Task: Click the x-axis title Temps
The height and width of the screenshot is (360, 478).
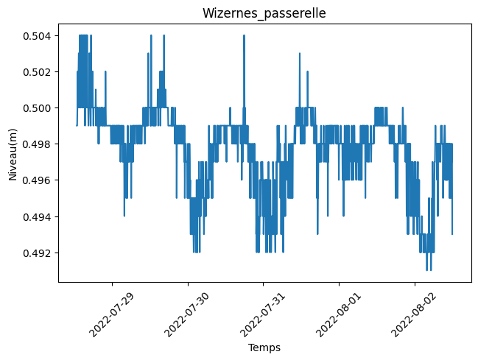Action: tap(263, 347)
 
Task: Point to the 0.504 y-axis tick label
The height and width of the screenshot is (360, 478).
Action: tap(36, 36)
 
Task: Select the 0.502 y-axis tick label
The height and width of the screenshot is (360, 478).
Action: tap(36, 72)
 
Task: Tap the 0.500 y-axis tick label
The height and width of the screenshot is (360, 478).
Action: tap(36, 108)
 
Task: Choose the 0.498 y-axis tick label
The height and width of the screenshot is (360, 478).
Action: tap(36, 144)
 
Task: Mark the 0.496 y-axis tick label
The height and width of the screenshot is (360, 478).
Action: tap(36, 180)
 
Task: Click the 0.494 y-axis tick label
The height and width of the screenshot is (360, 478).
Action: tap(36, 216)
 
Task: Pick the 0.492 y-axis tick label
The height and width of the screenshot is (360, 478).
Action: tap(36, 253)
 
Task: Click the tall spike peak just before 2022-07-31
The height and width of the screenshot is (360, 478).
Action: tap(242, 36)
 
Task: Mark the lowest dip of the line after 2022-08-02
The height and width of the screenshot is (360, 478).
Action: tap(427, 270)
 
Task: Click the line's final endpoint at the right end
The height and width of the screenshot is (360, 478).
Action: tap(452, 234)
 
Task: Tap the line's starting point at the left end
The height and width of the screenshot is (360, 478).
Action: tap(77, 125)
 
